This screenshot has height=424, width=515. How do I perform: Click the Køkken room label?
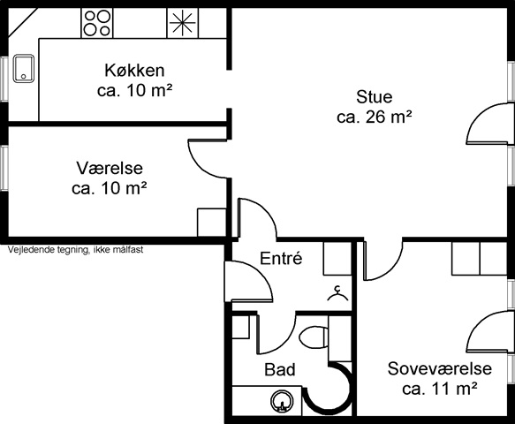click(134, 71)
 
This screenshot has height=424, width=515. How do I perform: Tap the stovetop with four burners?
click(97, 23)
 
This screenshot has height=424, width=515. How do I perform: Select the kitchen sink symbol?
click(24, 68)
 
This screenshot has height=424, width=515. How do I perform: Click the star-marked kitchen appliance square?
click(183, 23)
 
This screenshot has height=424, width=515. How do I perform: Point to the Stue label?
click(374, 97)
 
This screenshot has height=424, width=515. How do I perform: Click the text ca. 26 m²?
click(374, 117)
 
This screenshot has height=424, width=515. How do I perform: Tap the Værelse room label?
click(110, 168)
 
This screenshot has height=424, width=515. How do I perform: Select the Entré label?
click(281, 258)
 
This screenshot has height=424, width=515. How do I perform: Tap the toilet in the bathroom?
click(314, 337)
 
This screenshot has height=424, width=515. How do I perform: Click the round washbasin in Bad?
click(281, 401)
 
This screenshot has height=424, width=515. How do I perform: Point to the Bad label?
click(280, 369)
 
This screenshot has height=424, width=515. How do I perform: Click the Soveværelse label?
click(439, 368)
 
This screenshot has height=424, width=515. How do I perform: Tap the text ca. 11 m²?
click(439, 389)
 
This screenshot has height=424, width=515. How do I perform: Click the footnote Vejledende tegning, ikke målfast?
click(76, 250)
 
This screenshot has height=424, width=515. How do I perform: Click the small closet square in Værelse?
click(211, 223)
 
